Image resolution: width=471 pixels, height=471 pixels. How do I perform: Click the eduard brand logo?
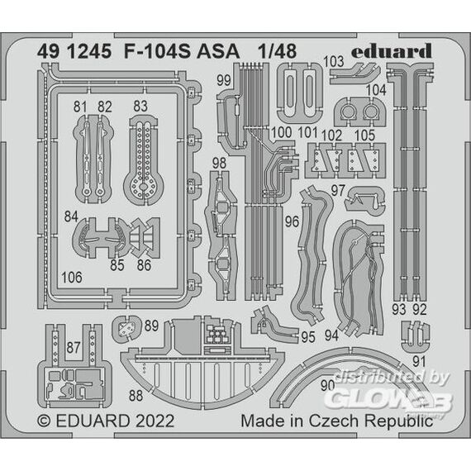click(x=392, y=52)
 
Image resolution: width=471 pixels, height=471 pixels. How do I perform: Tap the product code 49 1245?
click(x=74, y=51)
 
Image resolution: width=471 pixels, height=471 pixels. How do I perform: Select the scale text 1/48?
click(x=278, y=51)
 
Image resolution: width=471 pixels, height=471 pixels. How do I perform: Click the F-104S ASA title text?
click(x=182, y=51)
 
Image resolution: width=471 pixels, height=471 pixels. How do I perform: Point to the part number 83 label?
click(x=140, y=106)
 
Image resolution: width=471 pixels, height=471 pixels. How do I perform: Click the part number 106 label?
click(x=72, y=278)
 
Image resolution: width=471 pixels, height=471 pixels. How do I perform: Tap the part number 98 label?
click(x=219, y=163)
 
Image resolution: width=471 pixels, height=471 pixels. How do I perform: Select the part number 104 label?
click(x=376, y=90)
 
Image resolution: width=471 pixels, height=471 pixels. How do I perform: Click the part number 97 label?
click(x=338, y=191)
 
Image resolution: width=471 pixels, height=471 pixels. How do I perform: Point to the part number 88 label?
click(x=136, y=396)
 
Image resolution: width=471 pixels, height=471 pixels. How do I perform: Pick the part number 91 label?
click(x=419, y=362)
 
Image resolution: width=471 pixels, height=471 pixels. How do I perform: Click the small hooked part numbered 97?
click(x=364, y=201)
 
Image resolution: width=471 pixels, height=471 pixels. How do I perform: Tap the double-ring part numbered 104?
click(x=359, y=112)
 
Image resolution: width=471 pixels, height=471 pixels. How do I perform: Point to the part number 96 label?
click(x=292, y=221)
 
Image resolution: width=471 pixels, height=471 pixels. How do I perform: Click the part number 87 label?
click(x=74, y=347)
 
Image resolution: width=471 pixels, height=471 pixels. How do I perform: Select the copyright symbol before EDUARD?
click(x=44, y=421)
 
